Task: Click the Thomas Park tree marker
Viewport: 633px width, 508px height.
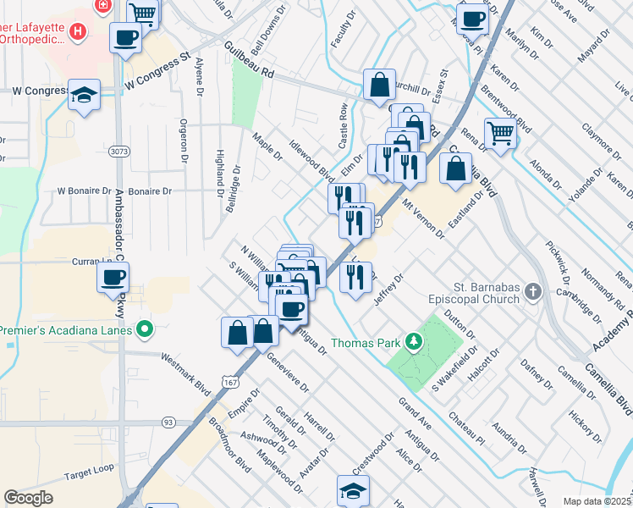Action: (x=414, y=342)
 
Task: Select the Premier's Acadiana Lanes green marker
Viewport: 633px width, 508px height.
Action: (x=145, y=328)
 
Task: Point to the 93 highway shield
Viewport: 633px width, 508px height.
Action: (x=168, y=422)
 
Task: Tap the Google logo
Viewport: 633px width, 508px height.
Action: (x=28, y=498)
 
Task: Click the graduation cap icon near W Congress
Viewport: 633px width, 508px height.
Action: (x=85, y=95)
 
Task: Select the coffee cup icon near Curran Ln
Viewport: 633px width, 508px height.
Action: (x=113, y=277)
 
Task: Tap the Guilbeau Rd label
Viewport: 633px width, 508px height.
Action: (x=250, y=60)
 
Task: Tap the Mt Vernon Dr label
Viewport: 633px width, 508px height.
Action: (x=423, y=218)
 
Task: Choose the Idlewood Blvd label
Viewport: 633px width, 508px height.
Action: (x=311, y=160)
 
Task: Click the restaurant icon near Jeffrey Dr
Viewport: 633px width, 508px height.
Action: (x=356, y=276)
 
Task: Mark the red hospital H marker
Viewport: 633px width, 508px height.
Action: (x=79, y=32)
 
